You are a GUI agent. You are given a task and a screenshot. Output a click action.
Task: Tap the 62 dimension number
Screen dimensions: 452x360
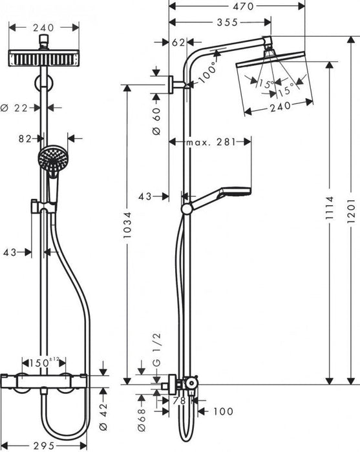point(178,43)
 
